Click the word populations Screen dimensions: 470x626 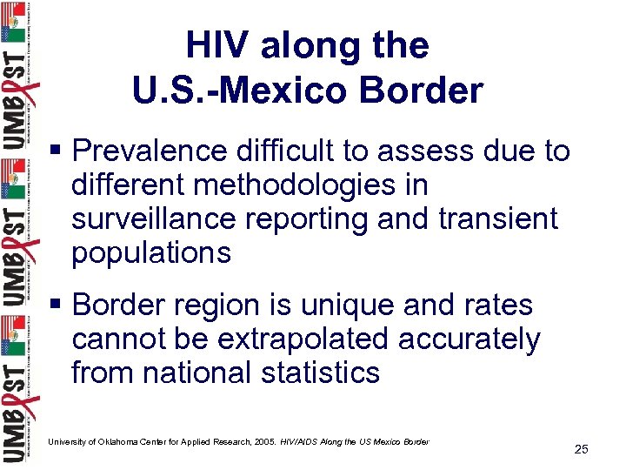pos(151,252)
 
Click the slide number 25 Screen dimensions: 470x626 pos(582,449)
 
